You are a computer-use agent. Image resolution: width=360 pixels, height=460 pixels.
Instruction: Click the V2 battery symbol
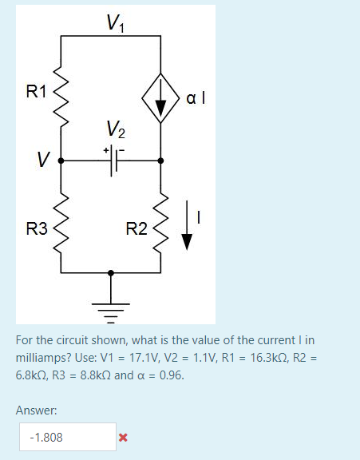[x=114, y=160]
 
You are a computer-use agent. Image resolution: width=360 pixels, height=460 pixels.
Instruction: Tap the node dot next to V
[x=62, y=160]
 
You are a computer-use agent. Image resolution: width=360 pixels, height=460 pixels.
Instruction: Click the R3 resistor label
[x=36, y=230]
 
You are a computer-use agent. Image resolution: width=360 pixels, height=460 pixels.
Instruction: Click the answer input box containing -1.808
[x=68, y=437]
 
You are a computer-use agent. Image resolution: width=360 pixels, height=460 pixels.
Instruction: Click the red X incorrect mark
[x=122, y=437]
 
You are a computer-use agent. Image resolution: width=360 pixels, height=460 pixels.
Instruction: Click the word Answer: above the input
[x=36, y=410]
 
